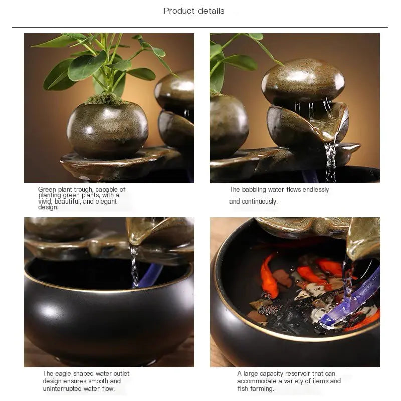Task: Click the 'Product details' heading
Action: pos(194,11)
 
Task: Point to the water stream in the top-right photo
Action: pos(330,160)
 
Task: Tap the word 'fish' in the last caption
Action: pos(243,388)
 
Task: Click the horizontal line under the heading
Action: pos(200,27)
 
